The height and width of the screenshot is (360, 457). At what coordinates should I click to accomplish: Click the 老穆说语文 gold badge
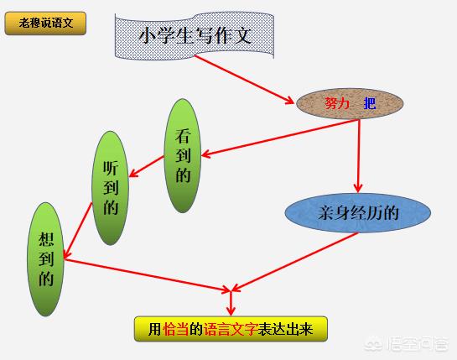click(45, 23)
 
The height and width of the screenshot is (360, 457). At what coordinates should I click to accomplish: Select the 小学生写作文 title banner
click(195, 36)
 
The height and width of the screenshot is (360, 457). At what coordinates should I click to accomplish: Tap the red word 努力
click(337, 103)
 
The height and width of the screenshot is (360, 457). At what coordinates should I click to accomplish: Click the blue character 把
click(370, 103)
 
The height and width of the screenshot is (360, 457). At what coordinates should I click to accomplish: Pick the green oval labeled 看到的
click(183, 155)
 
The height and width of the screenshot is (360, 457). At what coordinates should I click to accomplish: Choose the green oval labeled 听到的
click(111, 188)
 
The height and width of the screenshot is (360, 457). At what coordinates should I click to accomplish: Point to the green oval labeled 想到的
click(46, 259)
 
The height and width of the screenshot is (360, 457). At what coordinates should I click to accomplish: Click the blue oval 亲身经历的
click(358, 212)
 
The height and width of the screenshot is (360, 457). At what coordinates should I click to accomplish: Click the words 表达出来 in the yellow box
click(285, 329)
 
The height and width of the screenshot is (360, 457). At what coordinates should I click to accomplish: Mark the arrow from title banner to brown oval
click(244, 79)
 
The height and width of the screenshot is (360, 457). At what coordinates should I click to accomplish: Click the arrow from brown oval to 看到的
click(280, 138)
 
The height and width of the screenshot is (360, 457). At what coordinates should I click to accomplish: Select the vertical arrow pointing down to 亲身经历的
click(359, 156)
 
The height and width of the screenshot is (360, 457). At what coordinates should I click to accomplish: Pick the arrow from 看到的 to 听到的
click(146, 166)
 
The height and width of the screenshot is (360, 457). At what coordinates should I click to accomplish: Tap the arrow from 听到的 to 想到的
click(78, 231)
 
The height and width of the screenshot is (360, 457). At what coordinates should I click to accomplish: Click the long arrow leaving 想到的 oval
click(148, 274)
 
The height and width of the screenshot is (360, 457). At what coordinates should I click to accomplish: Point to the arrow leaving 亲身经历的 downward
click(294, 262)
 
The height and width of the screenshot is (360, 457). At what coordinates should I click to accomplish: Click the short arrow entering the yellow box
click(231, 304)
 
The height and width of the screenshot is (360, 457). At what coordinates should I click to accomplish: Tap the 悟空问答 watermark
click(406, 344)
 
